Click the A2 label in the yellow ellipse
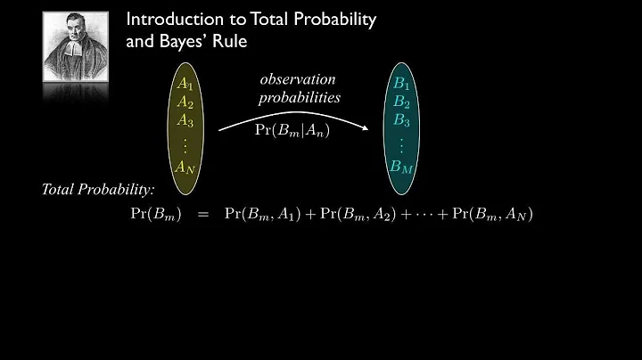[x=185, y=102]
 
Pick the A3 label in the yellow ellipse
[x=185, y=119]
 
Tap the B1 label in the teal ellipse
[x=402, y=84]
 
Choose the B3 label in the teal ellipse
[x=402, y=119]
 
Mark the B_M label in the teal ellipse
[x=402, y=165]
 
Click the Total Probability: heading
[x=98, y=190]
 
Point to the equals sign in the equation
[x=203, y=214]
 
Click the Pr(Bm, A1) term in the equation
[x=266, y=214]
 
